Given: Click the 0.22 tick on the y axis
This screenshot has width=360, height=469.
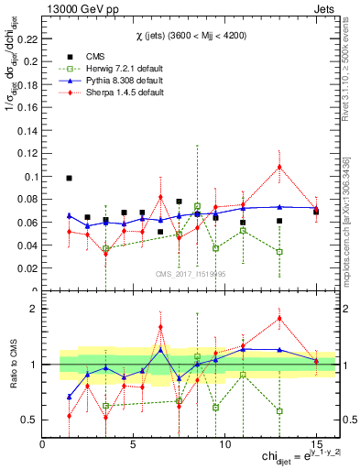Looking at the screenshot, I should point(27,39).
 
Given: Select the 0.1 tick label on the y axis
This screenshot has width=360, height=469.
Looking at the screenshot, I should point(30,176).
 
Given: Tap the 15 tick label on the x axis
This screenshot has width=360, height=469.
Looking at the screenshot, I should point(316,443).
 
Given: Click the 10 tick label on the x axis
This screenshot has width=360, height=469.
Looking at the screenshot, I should point(224,443).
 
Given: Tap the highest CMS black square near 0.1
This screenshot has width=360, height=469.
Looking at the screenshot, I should point(70,178).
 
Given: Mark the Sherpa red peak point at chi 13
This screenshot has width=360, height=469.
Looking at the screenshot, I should point(279,167).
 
